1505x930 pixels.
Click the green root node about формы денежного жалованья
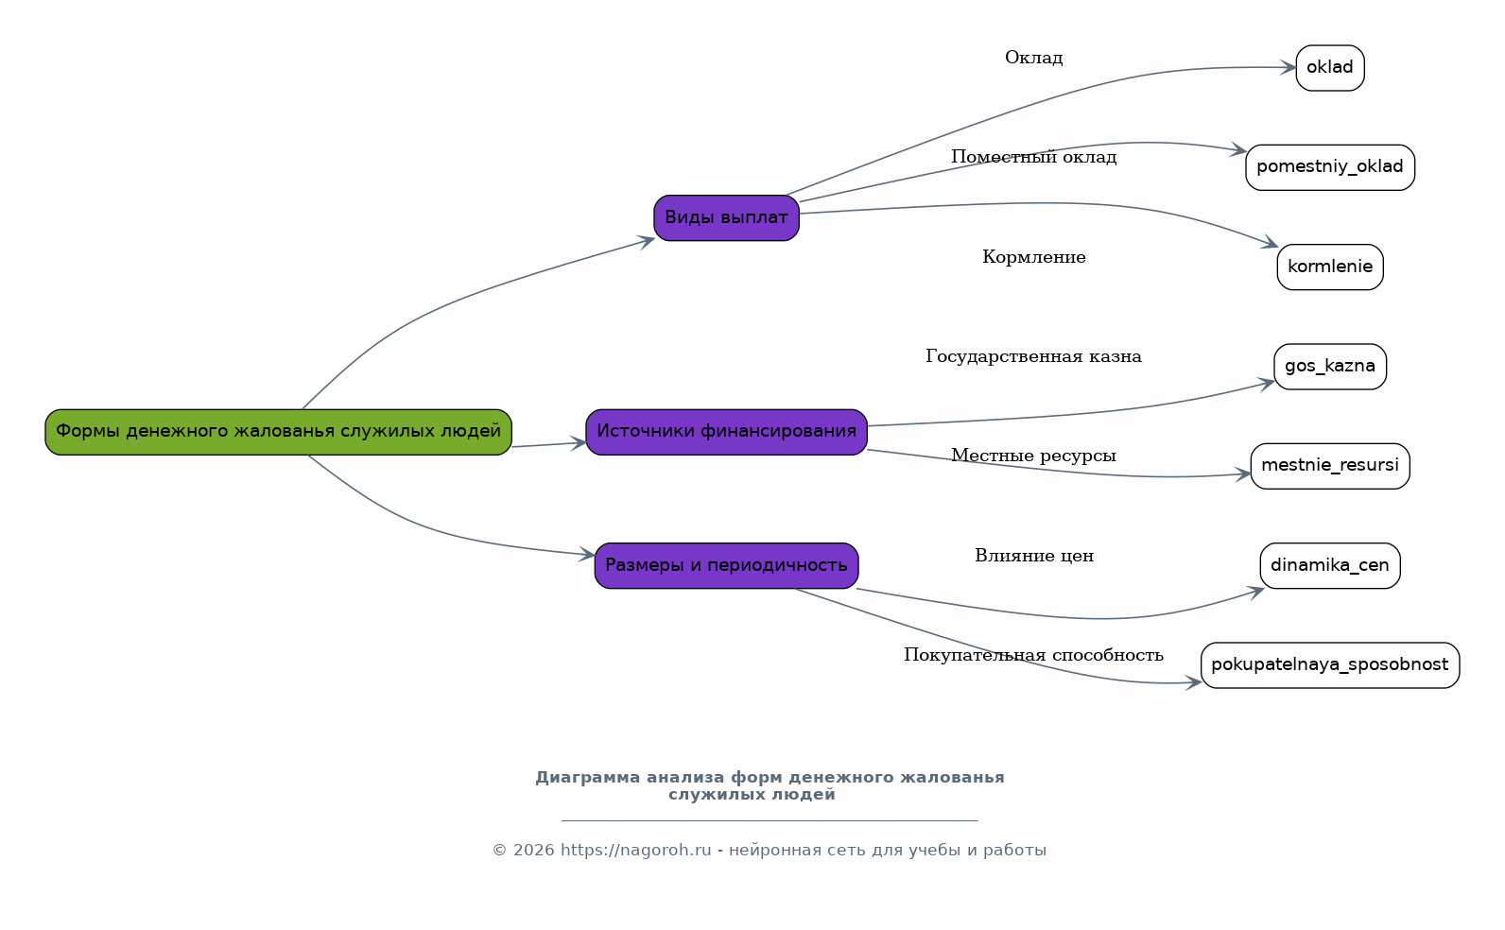[278, 432]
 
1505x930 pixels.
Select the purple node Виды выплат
[726, 217]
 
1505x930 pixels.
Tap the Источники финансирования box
[726, 432]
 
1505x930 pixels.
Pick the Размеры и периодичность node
[726, 565]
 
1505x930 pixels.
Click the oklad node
[1330, 68]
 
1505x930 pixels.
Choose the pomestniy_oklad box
[1330, 167]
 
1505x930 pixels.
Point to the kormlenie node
[1330, 267]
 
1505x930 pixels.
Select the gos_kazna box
[1330, 367]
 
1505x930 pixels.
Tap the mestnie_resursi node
[1330, 466]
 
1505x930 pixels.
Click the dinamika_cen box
[1330, 565]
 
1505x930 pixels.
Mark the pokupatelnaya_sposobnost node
[1330, 664]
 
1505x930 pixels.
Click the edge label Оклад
[1033, 58]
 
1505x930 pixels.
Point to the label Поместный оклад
[1033, 157]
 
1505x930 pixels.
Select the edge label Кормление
[1033, 257]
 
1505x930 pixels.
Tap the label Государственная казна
[1033, 356]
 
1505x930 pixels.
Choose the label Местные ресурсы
[1033, 456]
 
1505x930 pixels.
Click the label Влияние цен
[1033, 556]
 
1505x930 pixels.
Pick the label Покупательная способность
[1033, 655]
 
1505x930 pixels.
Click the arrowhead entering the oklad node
[1288, 67]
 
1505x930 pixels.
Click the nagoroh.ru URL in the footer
[635, 850]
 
